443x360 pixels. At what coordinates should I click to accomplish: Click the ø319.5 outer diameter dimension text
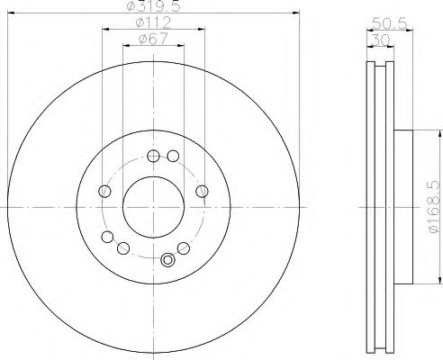click(151, 7)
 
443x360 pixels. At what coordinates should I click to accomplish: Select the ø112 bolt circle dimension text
click(151, 22)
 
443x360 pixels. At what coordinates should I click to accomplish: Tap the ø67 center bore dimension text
click(151, 37)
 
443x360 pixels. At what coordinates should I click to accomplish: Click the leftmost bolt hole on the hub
click(104, 192)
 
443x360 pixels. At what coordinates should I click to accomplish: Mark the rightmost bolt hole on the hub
click(200, 190)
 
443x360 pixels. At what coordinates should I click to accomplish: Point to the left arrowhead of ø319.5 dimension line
click(11, 13)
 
